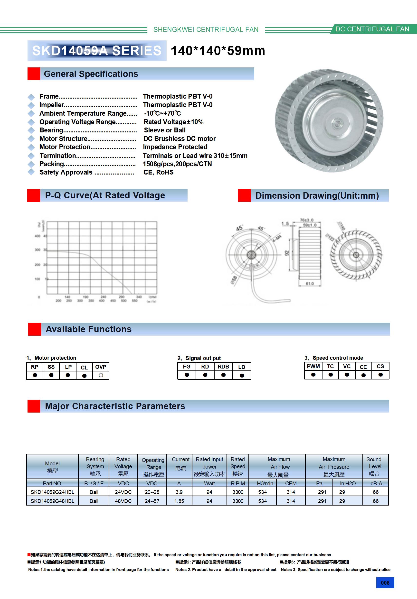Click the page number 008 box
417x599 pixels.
tap(385, 582)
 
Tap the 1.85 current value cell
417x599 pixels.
tap(179, 501)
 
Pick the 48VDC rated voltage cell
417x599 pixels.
tap(123, 501)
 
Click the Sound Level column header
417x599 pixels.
tap(375, 466)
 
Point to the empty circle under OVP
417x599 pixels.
tap(101, 375)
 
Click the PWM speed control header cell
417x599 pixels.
tap(313, 366)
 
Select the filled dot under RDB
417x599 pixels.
tap(223, 375)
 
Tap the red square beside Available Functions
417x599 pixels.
tap(35, 329)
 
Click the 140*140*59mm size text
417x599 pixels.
tap(218, 51)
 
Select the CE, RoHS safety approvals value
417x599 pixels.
tap(158, 172)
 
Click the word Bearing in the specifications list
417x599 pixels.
tap(51, 130)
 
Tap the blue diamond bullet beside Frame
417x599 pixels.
tap(31, 97)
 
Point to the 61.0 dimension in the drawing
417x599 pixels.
tap(309, 283)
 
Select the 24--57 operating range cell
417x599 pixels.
tap(152, 501)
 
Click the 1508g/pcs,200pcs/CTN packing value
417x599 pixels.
tap(177, 164)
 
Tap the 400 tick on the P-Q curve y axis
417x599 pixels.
tap(37, 236)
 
